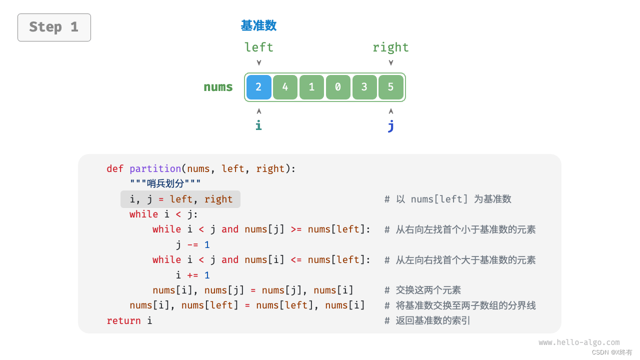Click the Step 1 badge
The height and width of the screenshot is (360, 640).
tap(54, 27)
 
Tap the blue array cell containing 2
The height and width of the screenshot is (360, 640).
tap(258, 87)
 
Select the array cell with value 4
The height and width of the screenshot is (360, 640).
tap(285, 87)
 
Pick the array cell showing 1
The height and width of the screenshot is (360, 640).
tap(311, 87)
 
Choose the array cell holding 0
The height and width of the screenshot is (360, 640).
tap(338, 87)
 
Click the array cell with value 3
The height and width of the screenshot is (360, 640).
tap(364, 87)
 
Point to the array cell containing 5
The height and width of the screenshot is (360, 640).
tap(391, 87)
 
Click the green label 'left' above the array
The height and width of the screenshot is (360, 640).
tap(258, 47)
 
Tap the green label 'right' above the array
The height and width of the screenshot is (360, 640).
tap(390, 47)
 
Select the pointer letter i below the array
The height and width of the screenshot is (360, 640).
tap(258, 125)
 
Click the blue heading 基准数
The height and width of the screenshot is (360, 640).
tap(258, 25)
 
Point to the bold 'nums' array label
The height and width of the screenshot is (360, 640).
tap(218, 87)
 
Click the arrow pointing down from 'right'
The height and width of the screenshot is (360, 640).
tap(391, 63)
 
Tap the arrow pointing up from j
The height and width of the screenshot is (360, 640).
tap(391, 110)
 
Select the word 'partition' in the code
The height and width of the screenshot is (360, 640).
tap(155, 169)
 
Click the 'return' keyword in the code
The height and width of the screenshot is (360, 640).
tap(123, 320)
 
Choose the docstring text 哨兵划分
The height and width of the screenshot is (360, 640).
tap(165, 184)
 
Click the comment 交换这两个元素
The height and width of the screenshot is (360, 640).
tap(428, 290)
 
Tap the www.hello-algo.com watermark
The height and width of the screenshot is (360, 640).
tap(579, 342)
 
